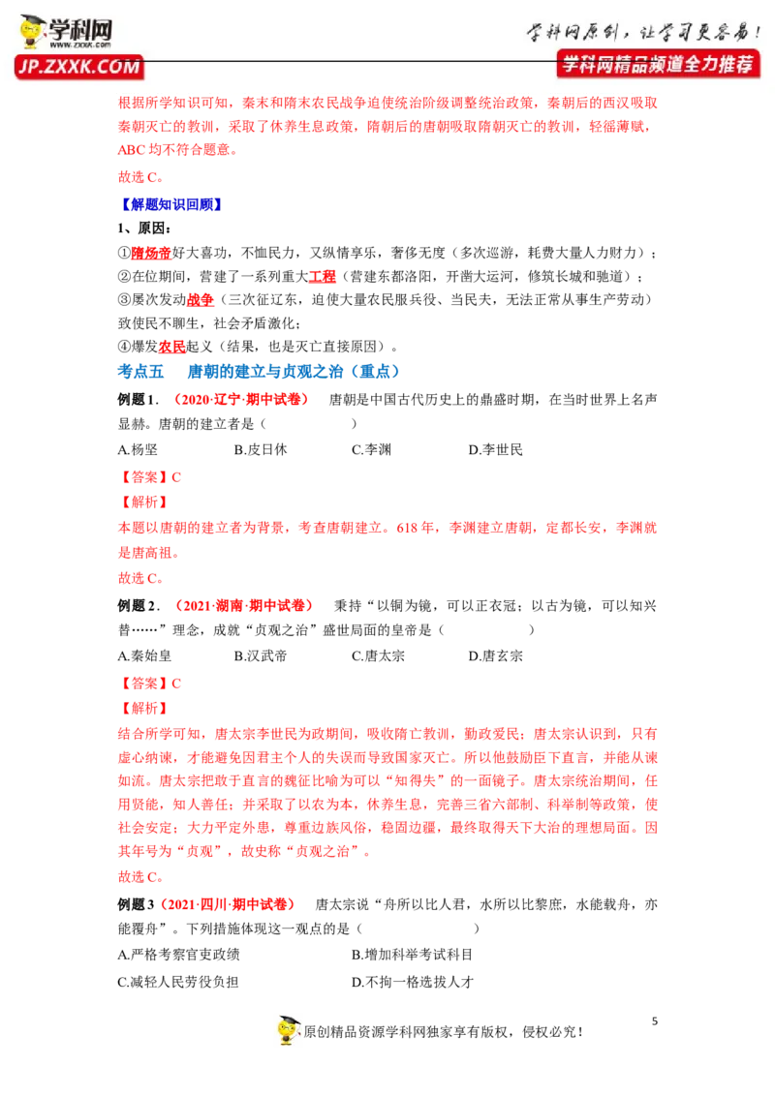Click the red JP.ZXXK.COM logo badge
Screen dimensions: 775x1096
click(79, 67)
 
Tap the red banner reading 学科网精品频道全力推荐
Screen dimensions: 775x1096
click(658, 64)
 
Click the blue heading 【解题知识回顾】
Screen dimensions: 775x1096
click(171, 204)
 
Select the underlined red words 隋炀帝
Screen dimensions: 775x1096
click(151, 253)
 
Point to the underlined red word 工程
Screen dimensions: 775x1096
click(323, 277)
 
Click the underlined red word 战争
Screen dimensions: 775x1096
click(200, 300)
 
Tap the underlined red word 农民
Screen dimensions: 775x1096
click(172, 347)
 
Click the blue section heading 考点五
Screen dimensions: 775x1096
click(140, 371)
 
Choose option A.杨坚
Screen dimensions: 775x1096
click(138, 449)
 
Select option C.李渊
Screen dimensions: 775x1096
click(371, 449)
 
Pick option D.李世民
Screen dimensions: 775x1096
click(495, 449)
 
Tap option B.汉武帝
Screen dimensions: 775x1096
click(261, 655)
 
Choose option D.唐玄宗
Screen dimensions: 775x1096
click(495, 655)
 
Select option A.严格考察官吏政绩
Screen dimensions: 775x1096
click(178, 955)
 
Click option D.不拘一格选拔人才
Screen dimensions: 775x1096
click(413, 982)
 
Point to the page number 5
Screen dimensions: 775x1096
click(655, 1021)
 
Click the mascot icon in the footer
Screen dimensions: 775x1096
click(288, 1029)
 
